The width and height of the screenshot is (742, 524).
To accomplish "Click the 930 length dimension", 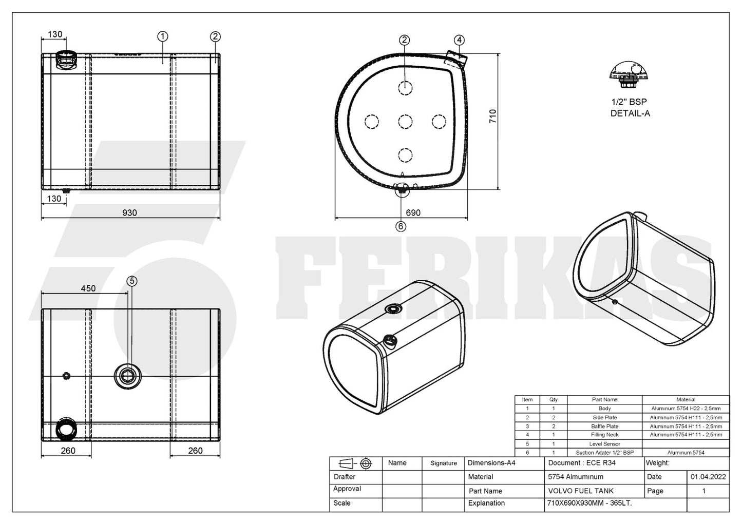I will (129, 213).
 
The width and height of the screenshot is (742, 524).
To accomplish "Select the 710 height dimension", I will (493, 117).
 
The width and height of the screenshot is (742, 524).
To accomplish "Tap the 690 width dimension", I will (413, 213).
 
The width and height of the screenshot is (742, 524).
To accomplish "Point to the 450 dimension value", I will (88, 288).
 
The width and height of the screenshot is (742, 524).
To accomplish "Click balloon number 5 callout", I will (132, 281).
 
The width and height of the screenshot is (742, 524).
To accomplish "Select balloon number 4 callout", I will (459, 40).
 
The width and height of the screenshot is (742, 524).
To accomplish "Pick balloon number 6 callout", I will (401, 226).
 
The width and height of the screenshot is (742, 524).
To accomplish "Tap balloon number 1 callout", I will (163, 36).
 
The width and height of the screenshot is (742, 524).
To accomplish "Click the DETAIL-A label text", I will (630, 113).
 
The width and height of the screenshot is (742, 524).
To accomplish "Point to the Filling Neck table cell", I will (604, 435).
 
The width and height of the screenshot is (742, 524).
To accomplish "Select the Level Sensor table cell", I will (604, 444).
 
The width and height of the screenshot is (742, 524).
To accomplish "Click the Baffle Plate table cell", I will (604, 426).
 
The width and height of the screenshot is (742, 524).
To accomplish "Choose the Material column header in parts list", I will (686, 399).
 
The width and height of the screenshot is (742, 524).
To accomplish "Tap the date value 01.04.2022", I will (708, 477).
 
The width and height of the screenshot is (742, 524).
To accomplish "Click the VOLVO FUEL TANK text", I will (581, 491).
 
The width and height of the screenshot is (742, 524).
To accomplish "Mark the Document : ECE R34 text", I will (582, 463).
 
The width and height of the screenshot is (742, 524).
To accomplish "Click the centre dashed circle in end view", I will (405, 122).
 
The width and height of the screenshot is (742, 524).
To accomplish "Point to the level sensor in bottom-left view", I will (126, 376).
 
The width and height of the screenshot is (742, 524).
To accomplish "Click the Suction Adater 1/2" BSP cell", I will (604, 453).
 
